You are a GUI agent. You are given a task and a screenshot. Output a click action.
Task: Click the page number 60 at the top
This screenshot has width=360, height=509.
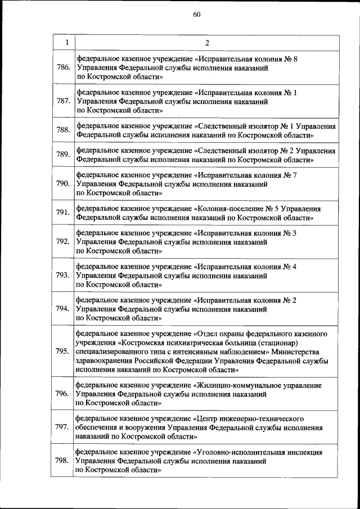(x=196, y=15)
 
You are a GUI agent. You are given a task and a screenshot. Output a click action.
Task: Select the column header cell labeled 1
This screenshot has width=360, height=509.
(x=66, y=43)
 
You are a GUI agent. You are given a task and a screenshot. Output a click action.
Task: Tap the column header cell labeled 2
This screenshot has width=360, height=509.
(x=206, y=43)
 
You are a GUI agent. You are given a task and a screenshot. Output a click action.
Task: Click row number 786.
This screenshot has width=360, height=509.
(x=63, y=67)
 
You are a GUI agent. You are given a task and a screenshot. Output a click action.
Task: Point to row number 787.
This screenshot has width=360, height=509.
(x=63, y=101)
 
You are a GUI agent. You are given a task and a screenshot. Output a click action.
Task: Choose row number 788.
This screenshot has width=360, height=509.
(x=63, y=130)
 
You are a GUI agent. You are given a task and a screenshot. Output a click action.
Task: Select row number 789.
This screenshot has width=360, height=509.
(x=63, y=155)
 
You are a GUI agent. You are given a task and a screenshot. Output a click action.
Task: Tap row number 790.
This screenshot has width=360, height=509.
(x=63, y=183)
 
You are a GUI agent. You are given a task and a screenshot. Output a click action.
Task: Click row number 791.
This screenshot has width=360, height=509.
(x=63, y=213)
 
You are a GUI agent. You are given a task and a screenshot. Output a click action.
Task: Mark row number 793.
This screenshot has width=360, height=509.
(x=63, y=275)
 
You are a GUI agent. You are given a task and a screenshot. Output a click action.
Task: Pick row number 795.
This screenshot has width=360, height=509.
(x=63, y=352)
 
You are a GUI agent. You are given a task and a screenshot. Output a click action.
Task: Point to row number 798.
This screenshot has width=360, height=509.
(x=63, y=461)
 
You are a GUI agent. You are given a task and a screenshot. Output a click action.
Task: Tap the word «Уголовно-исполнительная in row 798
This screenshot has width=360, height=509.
(x=237, y=452)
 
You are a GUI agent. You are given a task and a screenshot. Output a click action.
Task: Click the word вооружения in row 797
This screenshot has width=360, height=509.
(x=139, y=428)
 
